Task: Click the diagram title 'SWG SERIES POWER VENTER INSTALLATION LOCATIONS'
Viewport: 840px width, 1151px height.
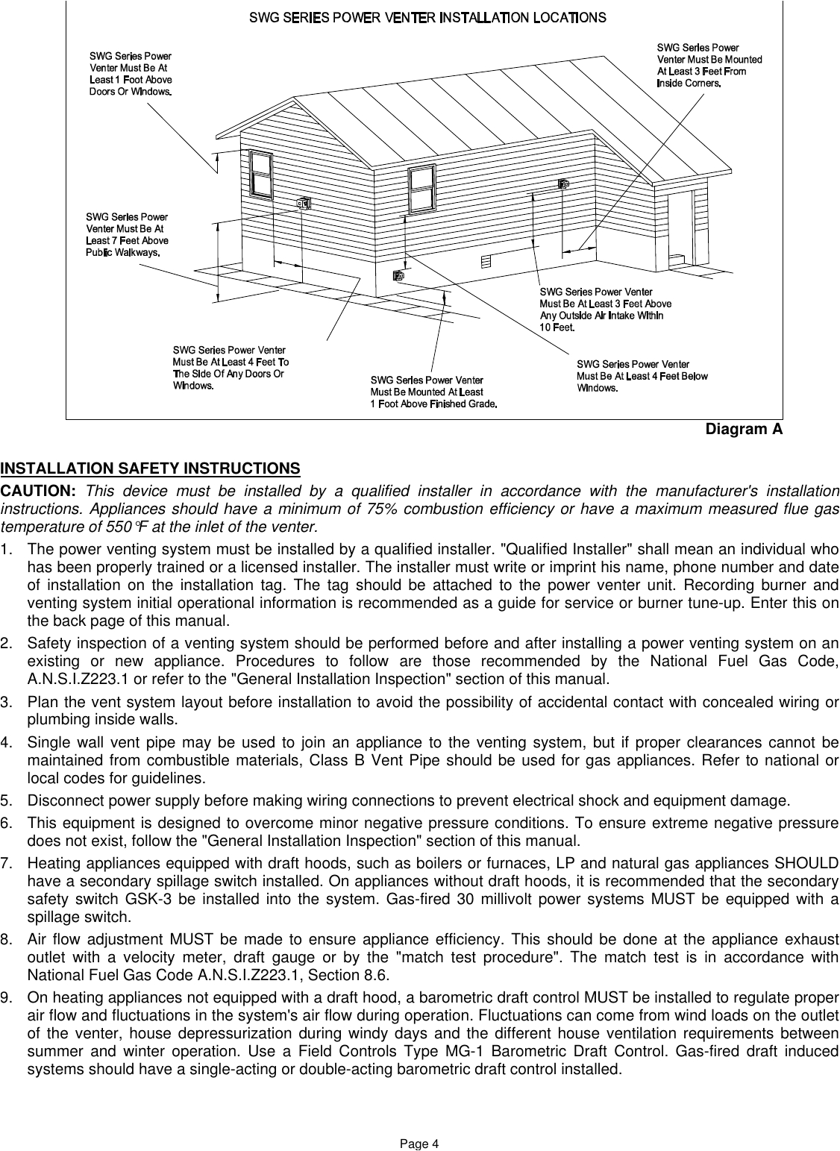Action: [427, 17]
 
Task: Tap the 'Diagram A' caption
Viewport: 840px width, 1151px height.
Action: [744, 430]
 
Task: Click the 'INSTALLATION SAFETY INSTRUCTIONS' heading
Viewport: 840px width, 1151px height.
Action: [151, 468]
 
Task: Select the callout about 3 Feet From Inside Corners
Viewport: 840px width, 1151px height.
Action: [709, 66]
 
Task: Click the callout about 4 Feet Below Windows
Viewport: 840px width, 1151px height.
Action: [642, 375]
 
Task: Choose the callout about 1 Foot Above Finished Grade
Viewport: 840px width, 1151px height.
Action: [433, 392]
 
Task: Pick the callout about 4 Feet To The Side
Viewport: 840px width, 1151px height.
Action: [231, 368]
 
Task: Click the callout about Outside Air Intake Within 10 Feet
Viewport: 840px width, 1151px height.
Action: [605, 310]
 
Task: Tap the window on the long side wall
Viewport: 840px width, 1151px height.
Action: [421, 187]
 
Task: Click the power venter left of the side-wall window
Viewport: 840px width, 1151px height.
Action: [303, 202]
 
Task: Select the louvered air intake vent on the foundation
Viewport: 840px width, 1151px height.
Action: [486, 260]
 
